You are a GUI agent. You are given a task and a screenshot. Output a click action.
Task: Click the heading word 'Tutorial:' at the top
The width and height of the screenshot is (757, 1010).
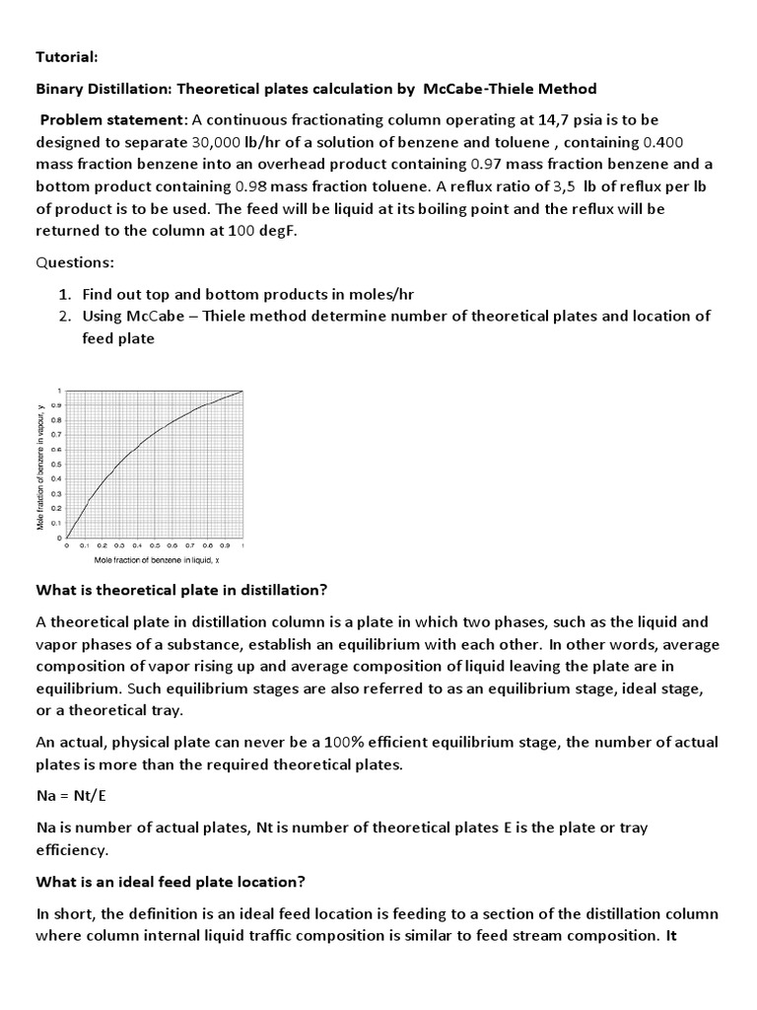coord(66,56)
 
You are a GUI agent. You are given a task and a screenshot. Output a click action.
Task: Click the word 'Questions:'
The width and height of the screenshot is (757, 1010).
coord(76,262)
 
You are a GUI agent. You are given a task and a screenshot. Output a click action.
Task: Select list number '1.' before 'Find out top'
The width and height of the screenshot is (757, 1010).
coord(64,294)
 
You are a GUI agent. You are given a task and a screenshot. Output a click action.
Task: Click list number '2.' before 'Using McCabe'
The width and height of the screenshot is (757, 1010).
coord(64,316)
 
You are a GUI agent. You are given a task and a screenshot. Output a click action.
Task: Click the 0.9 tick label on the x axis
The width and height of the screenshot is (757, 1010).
coord(224,545)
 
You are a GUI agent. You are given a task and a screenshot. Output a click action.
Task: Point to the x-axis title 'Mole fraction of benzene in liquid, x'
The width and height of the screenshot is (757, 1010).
coord(157,559)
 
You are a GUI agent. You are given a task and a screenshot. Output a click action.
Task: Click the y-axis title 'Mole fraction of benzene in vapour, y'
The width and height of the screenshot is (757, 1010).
coord(40,467)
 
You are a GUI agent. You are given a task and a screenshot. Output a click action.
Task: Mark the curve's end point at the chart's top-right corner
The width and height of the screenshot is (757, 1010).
coord(241,391)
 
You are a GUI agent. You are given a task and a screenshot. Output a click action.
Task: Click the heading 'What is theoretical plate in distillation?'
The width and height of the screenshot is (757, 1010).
coord(181,590)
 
